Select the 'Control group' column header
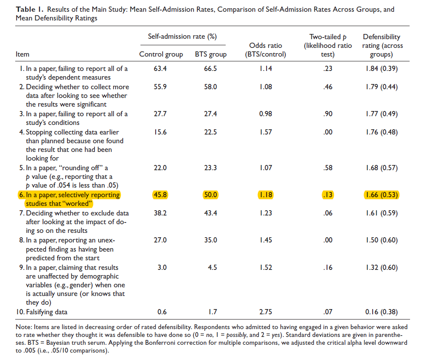[161, 54]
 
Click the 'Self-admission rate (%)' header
[182, 37]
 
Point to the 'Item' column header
[22, 54]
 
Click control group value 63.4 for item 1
[160, 69]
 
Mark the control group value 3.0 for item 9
[162, 268]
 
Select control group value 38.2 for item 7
[160, 214]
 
